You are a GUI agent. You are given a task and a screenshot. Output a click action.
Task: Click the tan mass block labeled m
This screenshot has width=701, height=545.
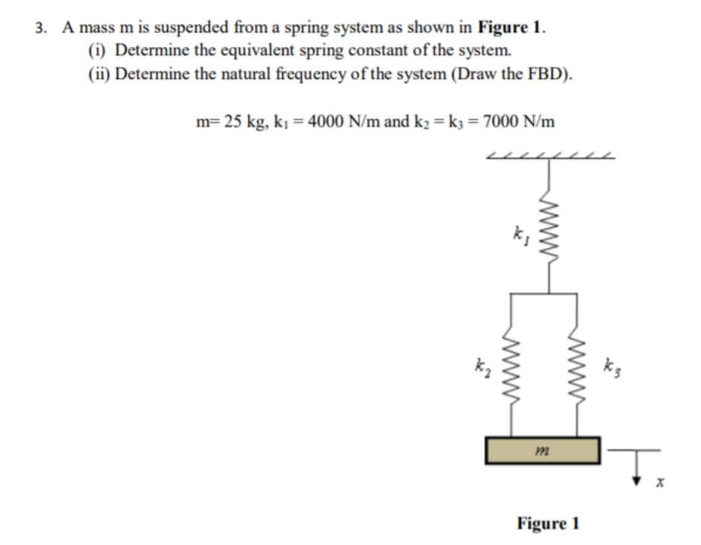pyautogui.click(x=543, y=449)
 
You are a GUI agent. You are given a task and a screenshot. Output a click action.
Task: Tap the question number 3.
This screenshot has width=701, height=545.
pyautogui.click(x=40, y=29)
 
